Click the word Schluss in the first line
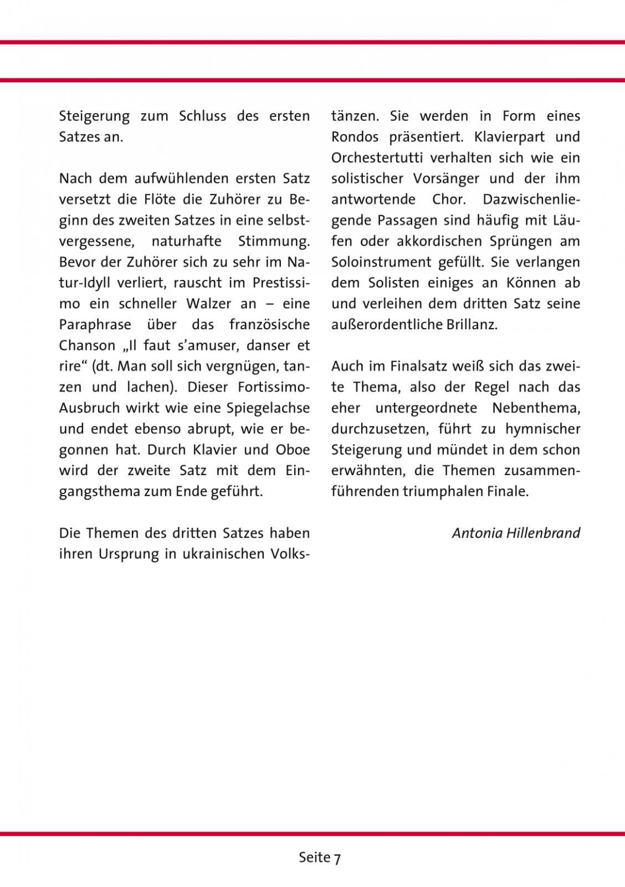tap(202, 116)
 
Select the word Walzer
tap(206, 304)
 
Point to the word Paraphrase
tap(95, 325)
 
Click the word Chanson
tap(87, 345)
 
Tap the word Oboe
tap(293, 450)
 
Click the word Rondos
tap(355, 137)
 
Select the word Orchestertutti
tap(378, 158)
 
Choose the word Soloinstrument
tap(381, 262)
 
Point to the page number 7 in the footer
tap(337, 858)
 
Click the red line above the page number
tap(312, 833)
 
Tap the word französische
tap(269, 325)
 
